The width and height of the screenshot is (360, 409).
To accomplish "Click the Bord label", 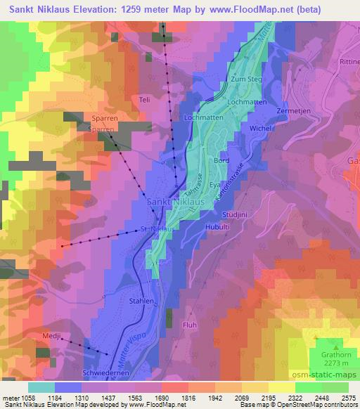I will pyautogui.click(x=221, y=160).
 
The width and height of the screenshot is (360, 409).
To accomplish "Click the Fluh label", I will pyautogui.click(x=189, y=325).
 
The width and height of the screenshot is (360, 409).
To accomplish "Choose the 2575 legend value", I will pyautogui.click(x=347, y=397).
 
